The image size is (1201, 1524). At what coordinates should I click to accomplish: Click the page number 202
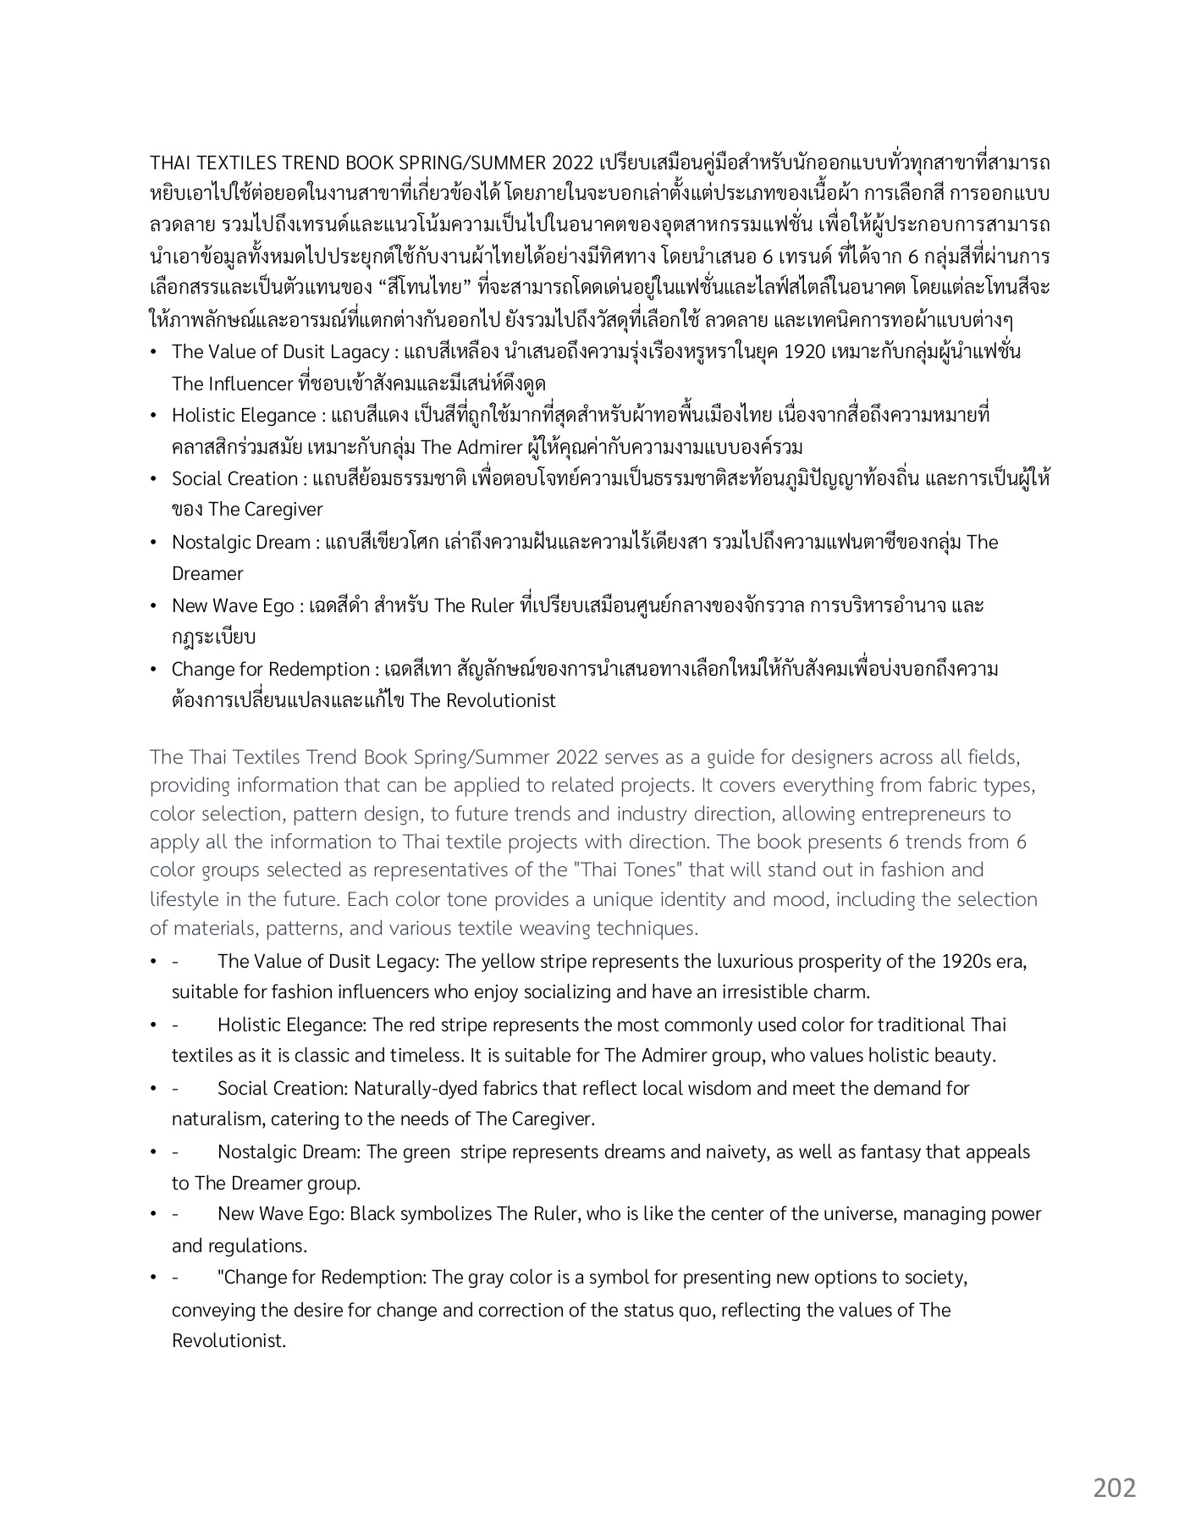pos(1114,1488)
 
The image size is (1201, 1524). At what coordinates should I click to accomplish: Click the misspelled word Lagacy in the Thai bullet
pos(356,351)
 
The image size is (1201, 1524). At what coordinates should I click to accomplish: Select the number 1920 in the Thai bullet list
pos(805,351)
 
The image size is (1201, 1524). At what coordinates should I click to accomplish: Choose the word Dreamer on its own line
pos(207,574)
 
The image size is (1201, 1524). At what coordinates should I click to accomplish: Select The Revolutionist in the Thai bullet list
pos(482,701)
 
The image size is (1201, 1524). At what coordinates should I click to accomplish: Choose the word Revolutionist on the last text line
pos(229,1341)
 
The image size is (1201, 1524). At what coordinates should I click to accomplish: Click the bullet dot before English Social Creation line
pos(153,1089)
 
